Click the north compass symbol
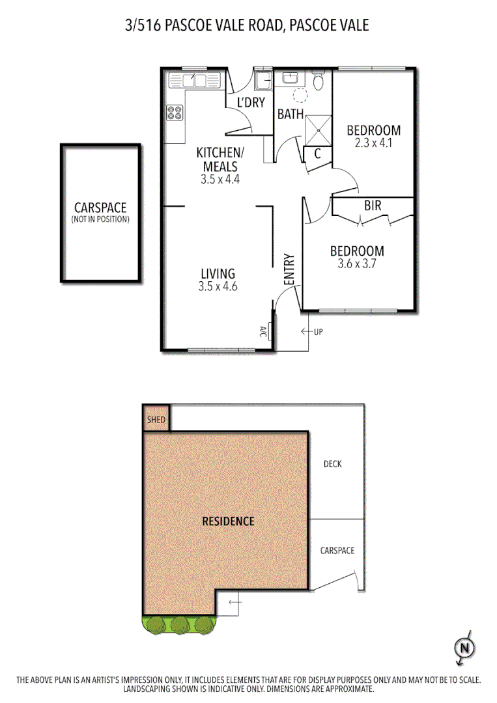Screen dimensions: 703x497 tap(464, 648)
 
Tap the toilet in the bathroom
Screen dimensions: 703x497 tap(319, 82)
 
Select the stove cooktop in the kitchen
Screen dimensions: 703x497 tap(175, 114)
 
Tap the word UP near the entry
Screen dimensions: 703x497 tap(319, 332)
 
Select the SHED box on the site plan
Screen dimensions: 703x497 tap(156, 419)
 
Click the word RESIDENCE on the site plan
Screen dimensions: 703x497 tap(228, 521)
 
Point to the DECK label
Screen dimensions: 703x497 tap(333, 464)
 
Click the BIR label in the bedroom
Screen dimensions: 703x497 tap(373, 206)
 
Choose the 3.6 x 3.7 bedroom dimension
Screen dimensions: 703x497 tap(357, 265)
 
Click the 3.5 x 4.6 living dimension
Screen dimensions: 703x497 tap(218, 286)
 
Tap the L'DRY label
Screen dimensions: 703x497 tap(249, 102)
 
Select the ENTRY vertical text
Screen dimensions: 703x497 tap(290, 268)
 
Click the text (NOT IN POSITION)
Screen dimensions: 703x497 tap(100, 219)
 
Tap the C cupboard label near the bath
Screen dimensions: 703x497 tap(318, 154)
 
